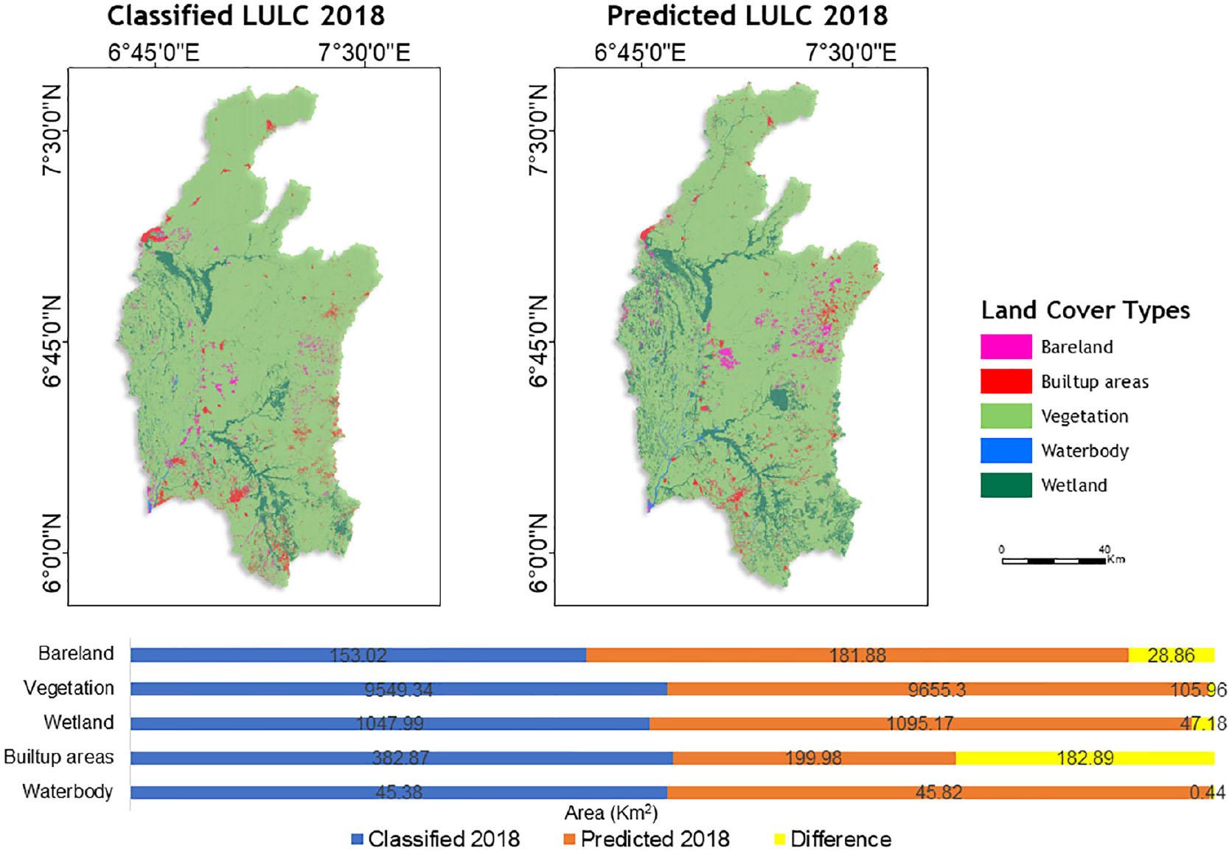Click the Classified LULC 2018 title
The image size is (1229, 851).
(x=246, y=15)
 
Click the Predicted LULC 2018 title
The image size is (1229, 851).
(x=747, y=15)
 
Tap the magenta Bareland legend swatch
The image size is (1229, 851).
(x=1006, y=347)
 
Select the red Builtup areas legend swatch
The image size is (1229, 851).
(x=1006, y=381)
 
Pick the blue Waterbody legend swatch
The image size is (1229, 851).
(x=1006, y=451)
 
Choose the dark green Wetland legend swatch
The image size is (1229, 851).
(x=1006, y=485)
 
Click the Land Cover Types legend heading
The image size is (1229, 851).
(x=1085, y=310)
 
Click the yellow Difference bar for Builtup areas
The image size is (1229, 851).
(x=1084, y=758)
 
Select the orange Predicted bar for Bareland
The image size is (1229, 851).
(x=857, y=655)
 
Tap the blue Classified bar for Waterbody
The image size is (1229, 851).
(x=398, y=793)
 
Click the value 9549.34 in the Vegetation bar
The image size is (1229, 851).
(x=398, y=690)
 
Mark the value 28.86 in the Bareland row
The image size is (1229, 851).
(x=1171, y=655)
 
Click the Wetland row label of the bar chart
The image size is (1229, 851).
(x=78, y=722)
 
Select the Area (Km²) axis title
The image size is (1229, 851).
(x=610, y=813)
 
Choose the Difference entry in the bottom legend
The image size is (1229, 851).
(x=840, y=839)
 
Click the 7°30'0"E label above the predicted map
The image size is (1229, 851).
(x=851, y=53)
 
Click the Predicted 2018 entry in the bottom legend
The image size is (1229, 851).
(x=654, y=839)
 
